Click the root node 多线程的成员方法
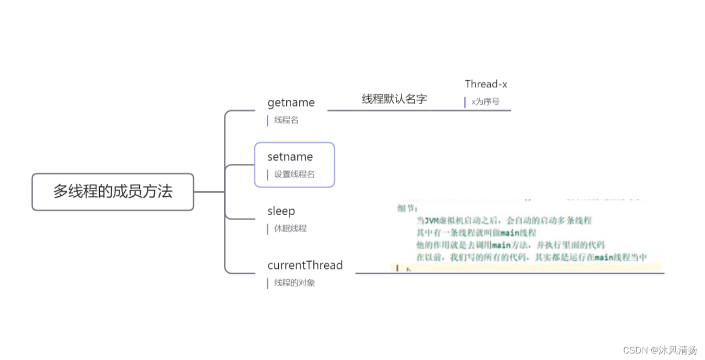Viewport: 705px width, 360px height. tap(113, 191)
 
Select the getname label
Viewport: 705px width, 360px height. tap(291, 102)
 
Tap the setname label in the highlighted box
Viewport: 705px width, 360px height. tap(290, 157)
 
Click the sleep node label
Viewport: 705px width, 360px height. tap(281, 211)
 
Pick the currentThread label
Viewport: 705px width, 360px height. tap(305, 265)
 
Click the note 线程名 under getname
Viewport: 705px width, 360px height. tap(286, 120)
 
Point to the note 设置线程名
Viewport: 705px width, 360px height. tap(294, 175)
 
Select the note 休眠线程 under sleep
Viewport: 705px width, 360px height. tap(290, 229)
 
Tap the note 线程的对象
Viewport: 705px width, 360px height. tap(294, 283)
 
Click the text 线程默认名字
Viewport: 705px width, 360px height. tap(394, 99)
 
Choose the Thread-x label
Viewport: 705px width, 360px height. tap(486, 84)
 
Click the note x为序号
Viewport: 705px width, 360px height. tap(485, 101)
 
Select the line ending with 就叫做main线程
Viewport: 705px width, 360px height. tap(476, 233)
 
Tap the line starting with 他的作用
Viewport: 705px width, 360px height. tap(510, 245)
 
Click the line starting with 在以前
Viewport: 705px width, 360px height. tap(531, 258)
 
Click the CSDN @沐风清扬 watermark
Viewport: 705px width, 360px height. tap(659, 350)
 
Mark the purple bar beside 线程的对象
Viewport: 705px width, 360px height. tap(267, 283)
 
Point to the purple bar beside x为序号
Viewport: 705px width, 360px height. tap(465, 102)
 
